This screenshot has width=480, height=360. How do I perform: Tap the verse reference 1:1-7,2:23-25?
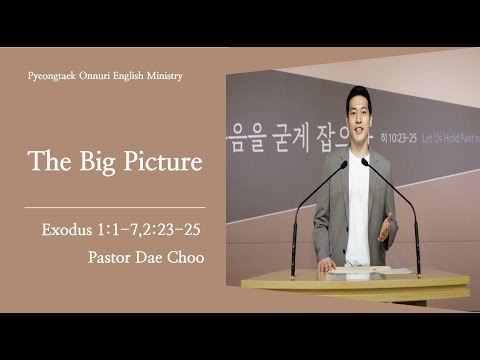(x=151, y=230)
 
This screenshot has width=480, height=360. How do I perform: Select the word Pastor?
(x=110, y=256)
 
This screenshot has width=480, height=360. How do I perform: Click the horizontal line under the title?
(x=114, y=207)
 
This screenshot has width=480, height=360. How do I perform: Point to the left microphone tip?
(x=343, y=163)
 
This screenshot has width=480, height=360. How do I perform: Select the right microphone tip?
(x=366, y=161)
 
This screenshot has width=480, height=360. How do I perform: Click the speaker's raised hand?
(x=385, y=227)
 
